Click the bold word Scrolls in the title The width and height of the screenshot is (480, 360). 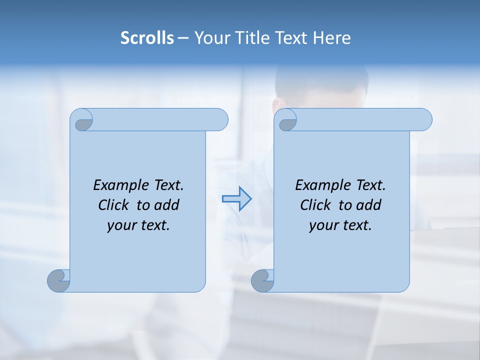point(147,38)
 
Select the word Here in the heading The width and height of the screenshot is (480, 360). point(332,38)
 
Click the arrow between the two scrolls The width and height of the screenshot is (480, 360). point(236,199)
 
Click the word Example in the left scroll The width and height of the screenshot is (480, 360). point(114,185)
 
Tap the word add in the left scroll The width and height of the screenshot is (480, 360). point(166,205)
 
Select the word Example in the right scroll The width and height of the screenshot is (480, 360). point(316,185)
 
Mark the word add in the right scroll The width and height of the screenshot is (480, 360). point(368,205)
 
